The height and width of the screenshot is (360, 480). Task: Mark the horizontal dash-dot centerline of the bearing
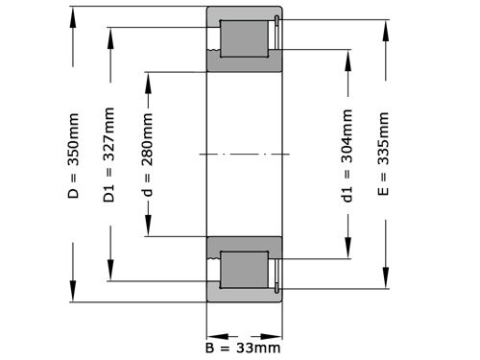(245, 154)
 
